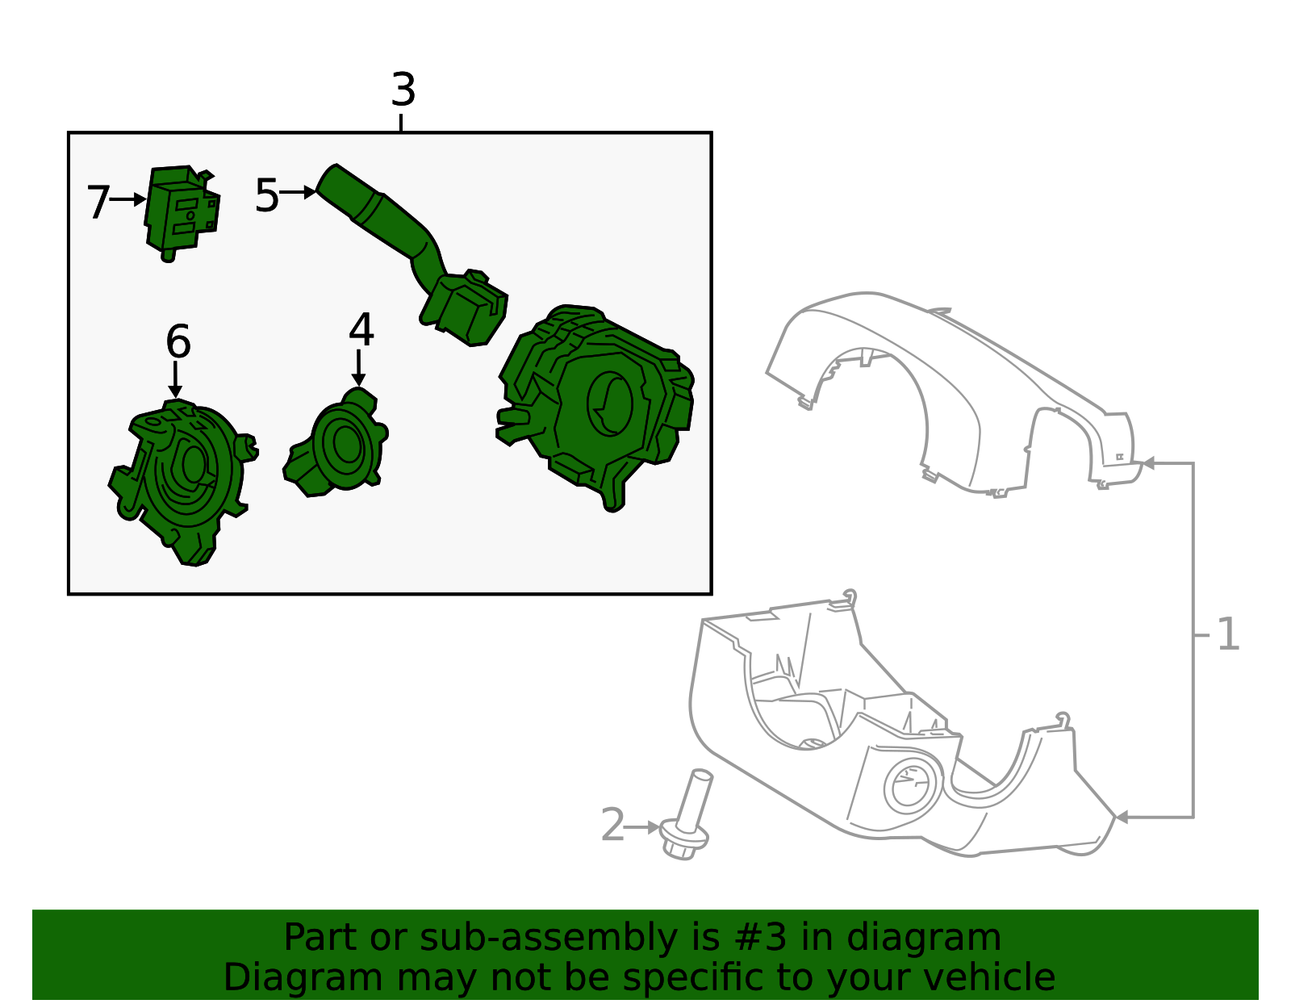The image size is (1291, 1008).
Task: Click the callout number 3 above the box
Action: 403,90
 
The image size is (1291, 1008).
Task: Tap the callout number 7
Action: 98,202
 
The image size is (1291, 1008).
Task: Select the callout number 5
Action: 267,194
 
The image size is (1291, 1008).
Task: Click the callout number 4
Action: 361,329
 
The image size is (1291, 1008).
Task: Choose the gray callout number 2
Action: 612,825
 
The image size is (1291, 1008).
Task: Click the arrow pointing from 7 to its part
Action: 128,199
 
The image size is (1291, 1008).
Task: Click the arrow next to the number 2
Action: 642,827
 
